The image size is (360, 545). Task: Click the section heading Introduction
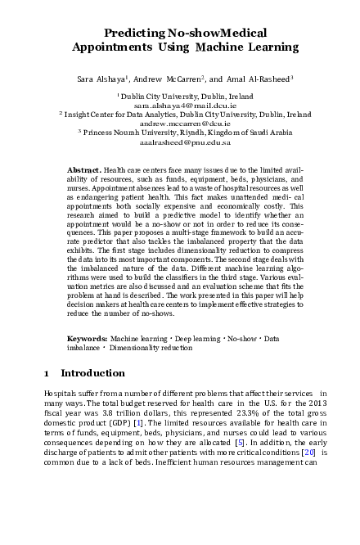(x=92, y=374)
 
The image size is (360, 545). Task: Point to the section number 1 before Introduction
(x=47, y=374)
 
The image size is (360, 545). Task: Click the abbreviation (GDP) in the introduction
(x=138, y=421)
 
